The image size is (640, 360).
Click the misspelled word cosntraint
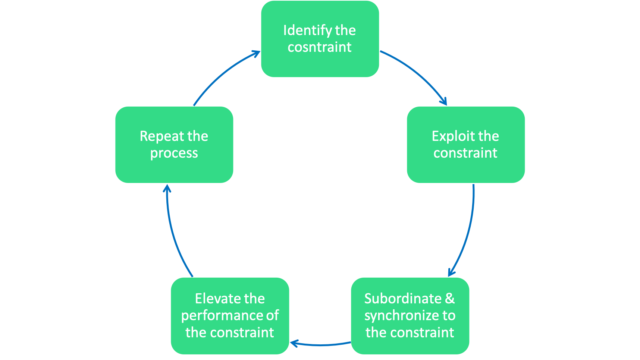click(319, 47)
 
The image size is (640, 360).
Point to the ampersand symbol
click(450, 298)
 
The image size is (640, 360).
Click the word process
click(174, 153)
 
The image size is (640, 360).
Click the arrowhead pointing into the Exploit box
click(443, 101)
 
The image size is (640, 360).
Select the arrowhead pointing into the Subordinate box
click(451, 273)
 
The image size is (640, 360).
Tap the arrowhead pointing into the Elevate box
click(294, 343)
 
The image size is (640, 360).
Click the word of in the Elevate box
click(272, 316)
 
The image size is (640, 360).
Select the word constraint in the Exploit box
click(465, 153)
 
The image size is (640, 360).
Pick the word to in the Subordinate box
click(449, 316)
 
